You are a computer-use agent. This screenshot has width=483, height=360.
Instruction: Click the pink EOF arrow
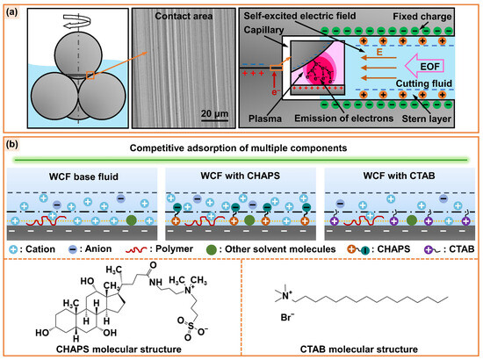point(424,67)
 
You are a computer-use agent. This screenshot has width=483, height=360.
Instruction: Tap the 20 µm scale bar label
point(214,113)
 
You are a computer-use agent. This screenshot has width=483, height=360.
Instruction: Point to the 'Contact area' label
point(184,16)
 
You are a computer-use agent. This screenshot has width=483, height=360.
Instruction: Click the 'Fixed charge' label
point(422,17)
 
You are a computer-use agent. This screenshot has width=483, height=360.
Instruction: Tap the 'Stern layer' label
point(427,119)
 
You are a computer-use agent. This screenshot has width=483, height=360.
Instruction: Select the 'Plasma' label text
point(265,119)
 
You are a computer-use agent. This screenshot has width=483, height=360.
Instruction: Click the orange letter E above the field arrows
point(379,52)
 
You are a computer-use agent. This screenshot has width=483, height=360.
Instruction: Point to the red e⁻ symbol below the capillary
point(276,91)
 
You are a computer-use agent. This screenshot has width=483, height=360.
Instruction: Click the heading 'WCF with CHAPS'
point(241,176)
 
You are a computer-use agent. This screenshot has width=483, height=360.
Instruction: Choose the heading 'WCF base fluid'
point(83,176)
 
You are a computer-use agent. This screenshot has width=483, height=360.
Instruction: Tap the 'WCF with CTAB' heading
point(400,176)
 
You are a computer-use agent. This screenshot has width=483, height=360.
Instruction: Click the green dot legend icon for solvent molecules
point(212,249)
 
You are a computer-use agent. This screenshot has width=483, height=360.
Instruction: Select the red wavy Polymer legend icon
point(136,249)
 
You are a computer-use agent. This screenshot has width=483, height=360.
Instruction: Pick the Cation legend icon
point(13,249)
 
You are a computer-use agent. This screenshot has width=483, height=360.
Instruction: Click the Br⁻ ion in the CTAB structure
point(287,317)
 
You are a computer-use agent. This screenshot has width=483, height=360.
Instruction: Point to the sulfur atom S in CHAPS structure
point(191,327)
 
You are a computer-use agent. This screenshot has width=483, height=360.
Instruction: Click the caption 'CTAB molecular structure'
point(359,349)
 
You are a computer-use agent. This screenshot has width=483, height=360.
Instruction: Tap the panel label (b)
point(12,144)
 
